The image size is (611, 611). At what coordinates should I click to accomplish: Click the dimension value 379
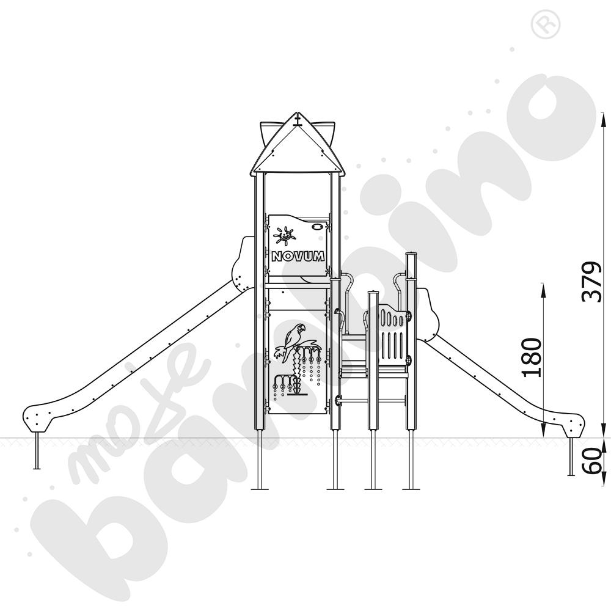(x=591, y=282)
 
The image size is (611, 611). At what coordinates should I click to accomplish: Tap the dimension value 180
(x=532, y=357)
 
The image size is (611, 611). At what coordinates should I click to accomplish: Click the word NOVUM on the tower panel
(x=298, y=256)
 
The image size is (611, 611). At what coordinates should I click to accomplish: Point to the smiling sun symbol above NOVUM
(x=285, y=236)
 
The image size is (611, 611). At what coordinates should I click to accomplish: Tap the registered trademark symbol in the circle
(x=546, y=24)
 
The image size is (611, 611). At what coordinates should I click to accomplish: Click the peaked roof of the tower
(x=298, y=146)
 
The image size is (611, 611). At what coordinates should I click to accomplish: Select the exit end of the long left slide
(x=37, y=418)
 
